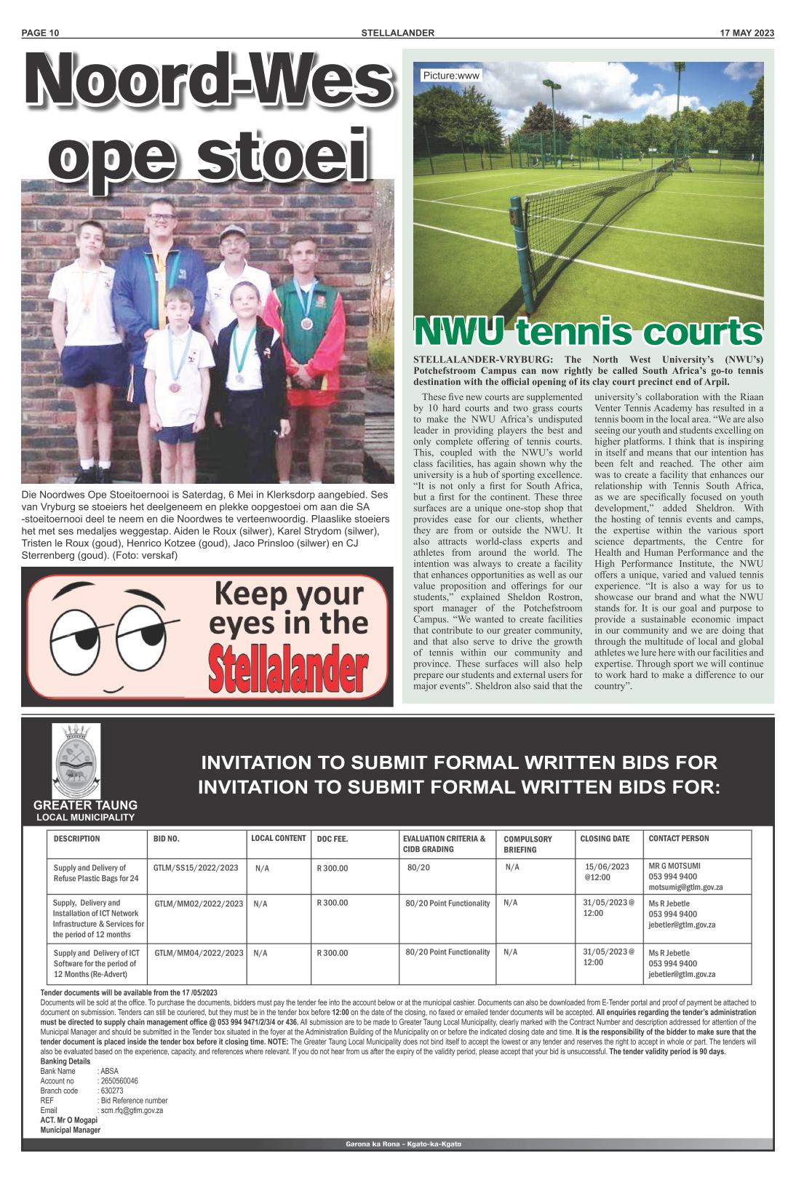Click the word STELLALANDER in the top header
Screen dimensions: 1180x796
coord(398,33)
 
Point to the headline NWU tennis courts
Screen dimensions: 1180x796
coord(588,332)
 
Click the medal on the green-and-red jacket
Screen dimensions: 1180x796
coord(306,323)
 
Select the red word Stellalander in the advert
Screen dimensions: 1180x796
coord(287,670)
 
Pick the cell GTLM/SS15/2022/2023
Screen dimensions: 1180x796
coord(196,868)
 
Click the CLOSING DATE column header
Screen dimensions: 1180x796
coord(605,839)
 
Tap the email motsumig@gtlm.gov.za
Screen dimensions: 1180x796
coord(685,888)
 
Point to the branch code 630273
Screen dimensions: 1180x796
coord(111,1091)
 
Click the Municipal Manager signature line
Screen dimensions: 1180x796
coord(70,1130)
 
